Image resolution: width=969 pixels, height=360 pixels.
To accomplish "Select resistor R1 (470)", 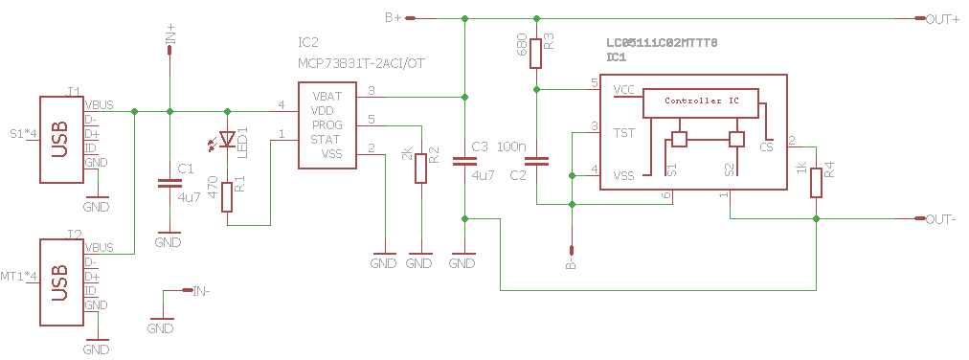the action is point(227,197).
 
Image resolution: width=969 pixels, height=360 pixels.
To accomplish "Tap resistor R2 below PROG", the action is point(421,168).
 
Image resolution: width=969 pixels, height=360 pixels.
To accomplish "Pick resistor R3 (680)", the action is point(536,53).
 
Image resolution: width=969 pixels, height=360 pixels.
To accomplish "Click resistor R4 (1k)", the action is point(817,182).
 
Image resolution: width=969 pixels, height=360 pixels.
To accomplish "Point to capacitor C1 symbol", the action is point(169,184).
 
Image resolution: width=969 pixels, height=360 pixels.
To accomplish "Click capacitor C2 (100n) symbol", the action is point(536,162).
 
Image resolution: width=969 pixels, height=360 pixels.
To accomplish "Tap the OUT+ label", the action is point(942,19).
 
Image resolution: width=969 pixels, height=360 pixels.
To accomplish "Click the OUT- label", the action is point(940,219).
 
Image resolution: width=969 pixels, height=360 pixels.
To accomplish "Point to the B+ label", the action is point(394,18).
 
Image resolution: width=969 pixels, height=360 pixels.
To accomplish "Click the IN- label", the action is point(201,290).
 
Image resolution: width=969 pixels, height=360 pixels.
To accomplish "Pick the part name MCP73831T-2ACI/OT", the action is point(362,63).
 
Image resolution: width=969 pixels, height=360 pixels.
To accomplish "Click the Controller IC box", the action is point(701,102).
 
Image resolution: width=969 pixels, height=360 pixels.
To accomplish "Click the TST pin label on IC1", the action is point(623,132).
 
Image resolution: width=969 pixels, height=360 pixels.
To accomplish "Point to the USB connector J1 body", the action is point(62,140).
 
